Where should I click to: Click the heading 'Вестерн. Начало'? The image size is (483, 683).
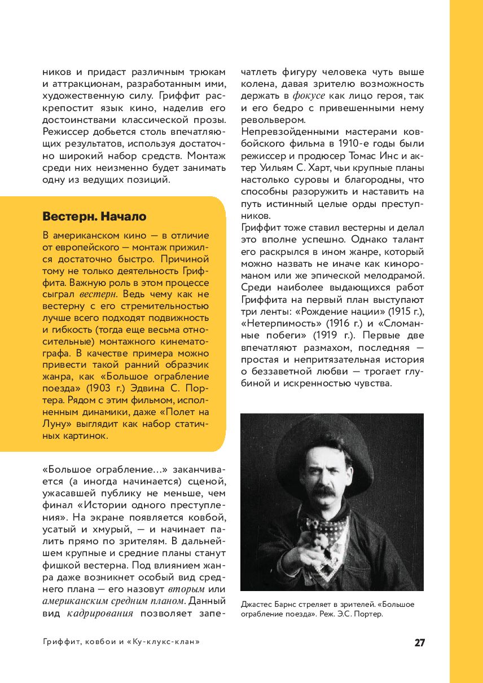pyautogui.click(x=94, y=217)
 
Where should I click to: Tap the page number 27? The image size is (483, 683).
pyautogui.click(x=419, y=642)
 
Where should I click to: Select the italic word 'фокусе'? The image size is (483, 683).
pyautogui.click(x=309, y=96)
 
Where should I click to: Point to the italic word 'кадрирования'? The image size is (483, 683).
pyautogui.click(x=100, y=613)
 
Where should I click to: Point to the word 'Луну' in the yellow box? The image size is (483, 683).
pyautogui.click(x=55, y=424)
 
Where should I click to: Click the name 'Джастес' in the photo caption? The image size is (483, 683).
pyautogui.click(x=257, y=604)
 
